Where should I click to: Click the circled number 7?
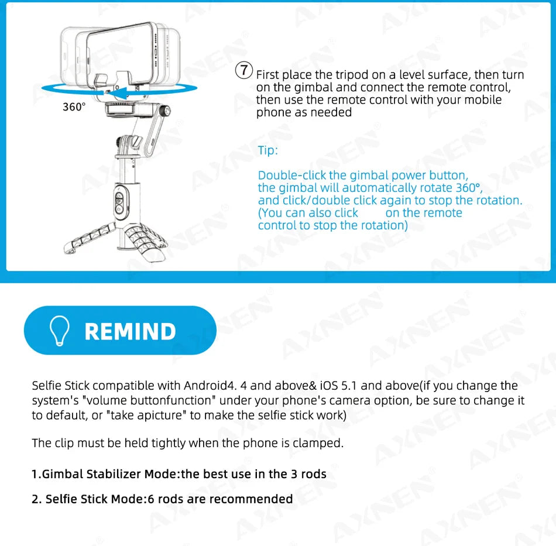click(x=244, y=71)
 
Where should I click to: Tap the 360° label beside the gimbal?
click(x=74, y=107)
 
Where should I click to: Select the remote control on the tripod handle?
click(x=119, y=201)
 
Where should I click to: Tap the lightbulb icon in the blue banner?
click(x=60, y=331)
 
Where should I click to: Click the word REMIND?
click(x=130, y=331)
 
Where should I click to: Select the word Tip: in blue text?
click(x=268, y=150)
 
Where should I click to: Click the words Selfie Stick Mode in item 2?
click(x=94, y=499)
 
